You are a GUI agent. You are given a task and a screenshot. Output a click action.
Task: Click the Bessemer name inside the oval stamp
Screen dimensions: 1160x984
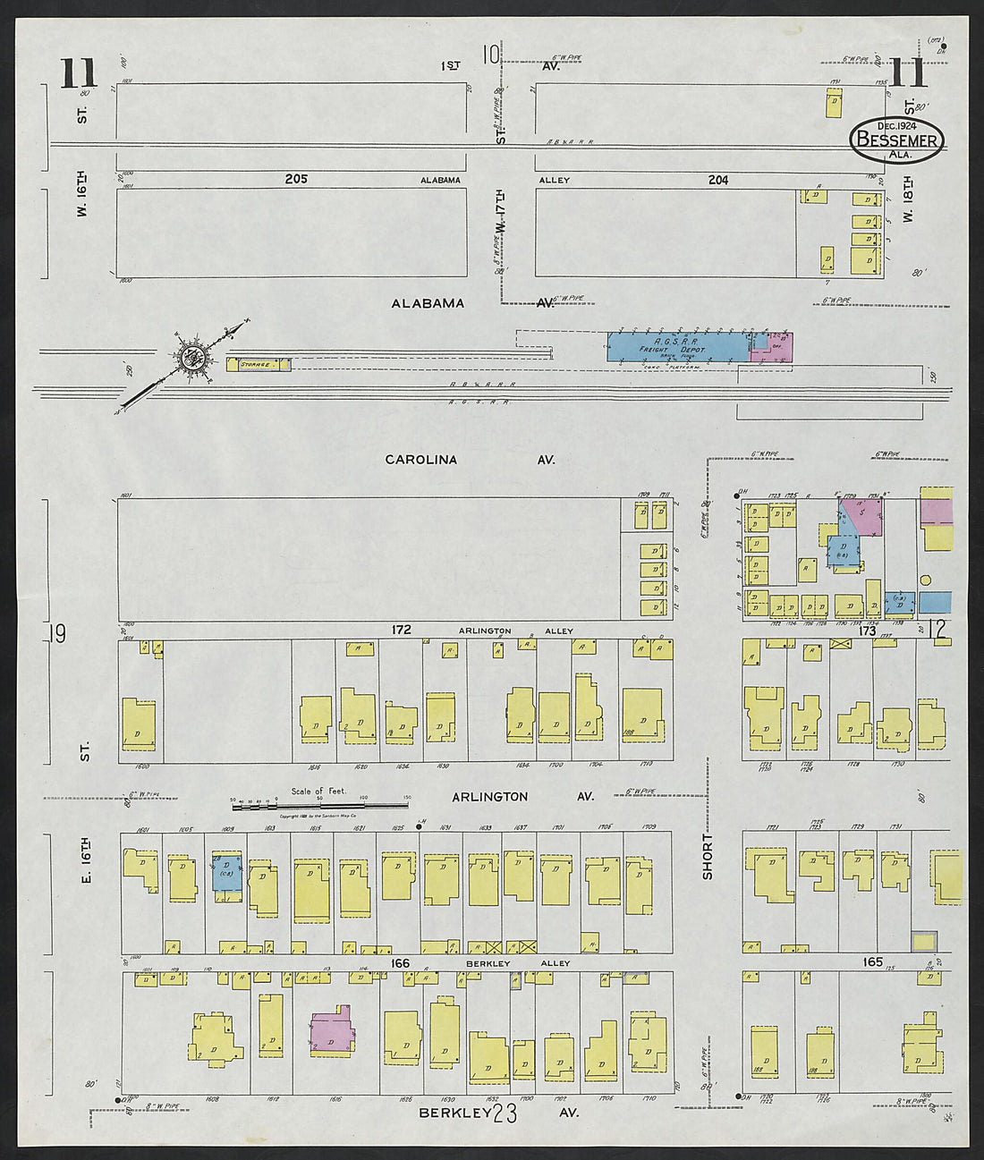pos(897,140)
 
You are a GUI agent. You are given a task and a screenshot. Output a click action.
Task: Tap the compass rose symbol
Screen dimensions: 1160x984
pos(192,356)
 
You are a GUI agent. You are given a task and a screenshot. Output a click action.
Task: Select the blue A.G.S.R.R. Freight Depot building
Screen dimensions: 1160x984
pos(677,347)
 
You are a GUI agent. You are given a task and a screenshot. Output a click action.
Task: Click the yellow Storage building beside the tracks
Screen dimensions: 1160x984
pos(258,365)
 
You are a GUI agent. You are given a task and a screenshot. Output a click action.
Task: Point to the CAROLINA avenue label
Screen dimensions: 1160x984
pos(420,460)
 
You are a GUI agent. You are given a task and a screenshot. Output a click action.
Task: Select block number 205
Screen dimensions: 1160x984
pos(296,179)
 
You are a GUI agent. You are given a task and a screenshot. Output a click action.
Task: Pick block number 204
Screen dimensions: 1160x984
pos(717,180)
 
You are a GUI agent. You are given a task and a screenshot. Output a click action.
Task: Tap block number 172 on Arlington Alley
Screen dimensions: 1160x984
pos(400,631)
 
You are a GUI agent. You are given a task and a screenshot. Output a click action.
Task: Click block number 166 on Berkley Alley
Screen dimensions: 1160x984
pos(400,962)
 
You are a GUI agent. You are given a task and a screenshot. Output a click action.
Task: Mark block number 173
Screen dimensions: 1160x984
pos(867,631)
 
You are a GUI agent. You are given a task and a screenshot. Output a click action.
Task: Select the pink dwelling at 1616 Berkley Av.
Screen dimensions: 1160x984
pos(331,1030)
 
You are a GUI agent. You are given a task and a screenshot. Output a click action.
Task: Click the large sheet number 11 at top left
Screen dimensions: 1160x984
pos(79,73)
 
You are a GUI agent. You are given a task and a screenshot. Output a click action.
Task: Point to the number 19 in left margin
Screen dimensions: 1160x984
pos(58,634)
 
